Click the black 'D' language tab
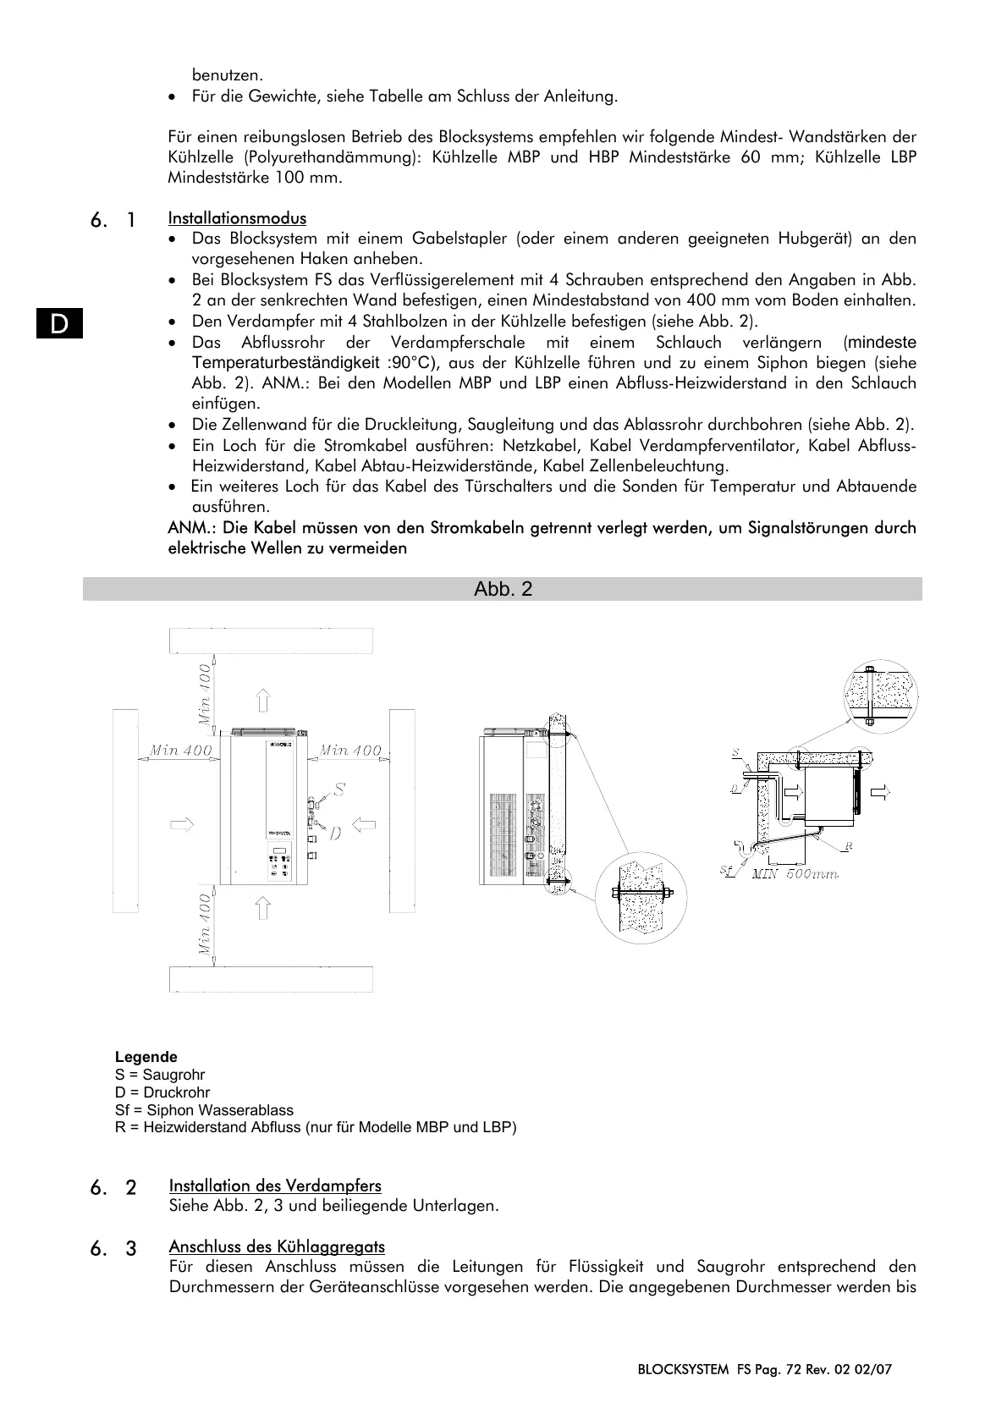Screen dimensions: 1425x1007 click(x=59, y=324)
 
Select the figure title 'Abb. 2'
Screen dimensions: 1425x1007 click(x=503, y=590)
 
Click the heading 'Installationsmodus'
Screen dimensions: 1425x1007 click(x=237, y=219)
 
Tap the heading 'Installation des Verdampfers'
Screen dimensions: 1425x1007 click(x=275, y=1186)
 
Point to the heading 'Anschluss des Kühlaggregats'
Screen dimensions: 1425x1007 click(x=277, y=1246)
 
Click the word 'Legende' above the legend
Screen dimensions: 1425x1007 click(x=146, y=1057)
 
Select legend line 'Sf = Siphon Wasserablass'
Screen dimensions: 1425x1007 click(x=204, y=1110)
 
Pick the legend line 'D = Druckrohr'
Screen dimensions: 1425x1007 click(x=162, y=1092)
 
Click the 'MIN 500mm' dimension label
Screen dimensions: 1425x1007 click(x=795, y=874)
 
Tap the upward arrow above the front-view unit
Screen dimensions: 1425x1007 click(x=263, y=701)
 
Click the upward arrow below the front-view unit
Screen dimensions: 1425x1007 click(x=262, y=909)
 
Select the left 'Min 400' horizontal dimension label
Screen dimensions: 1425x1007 click(x=180, y=751)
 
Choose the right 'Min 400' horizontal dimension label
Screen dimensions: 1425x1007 click(x=350, y=751)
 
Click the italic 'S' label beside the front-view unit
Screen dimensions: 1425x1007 click(x=338, y=790)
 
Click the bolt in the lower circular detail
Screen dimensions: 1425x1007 click(x=641, y=895)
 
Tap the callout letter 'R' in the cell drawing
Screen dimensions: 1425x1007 click(x=847, y=845)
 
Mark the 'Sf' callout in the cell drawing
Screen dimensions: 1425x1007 click(x=726, y=872)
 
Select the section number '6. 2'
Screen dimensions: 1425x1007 click(x=113, y=1187)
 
